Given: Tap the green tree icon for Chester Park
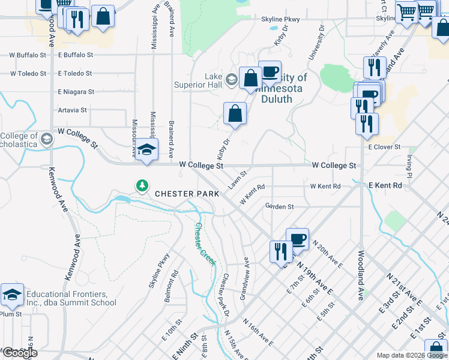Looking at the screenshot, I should (142, 185).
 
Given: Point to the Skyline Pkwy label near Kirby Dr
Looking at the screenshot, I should (280, 19).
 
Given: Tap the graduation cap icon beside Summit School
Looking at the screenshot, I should (12, 295).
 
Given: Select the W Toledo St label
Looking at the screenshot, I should (28, 74).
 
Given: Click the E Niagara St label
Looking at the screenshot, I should (76, 92).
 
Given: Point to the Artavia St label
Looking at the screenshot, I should (72, 110).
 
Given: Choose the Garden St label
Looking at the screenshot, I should (279, 206).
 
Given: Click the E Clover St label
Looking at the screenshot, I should (384, 147).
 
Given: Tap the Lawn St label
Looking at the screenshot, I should (238, 179).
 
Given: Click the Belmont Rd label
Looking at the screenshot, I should (173, 282).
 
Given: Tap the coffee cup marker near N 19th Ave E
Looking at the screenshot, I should (297, 239).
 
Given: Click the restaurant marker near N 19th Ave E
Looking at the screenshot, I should (281, 251).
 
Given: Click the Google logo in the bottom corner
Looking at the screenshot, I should (19, 353).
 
